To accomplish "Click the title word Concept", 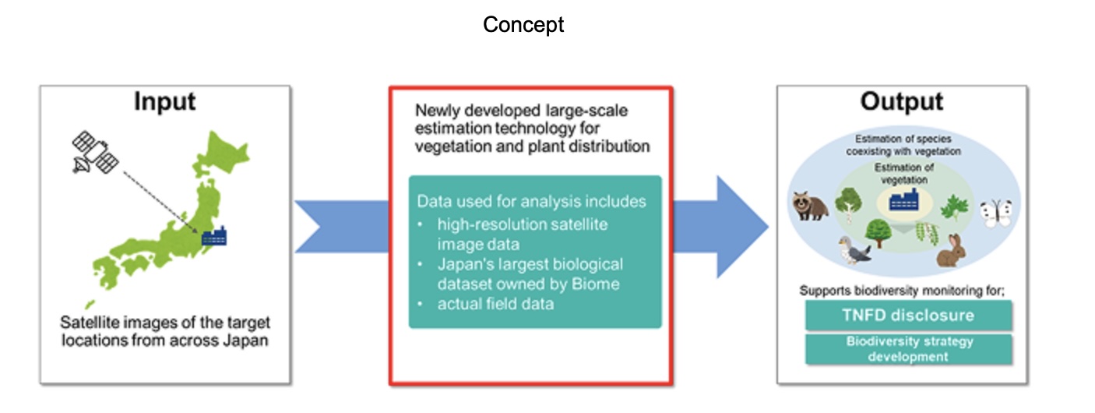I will [x=523, y=25].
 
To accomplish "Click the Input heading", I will [x=164, y=102].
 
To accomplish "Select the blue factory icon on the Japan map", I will [x=213, y=236].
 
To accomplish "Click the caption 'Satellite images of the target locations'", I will [x=165, y=331].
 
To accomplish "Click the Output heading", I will [x=902, y=102].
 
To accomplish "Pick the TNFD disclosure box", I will [x=909, y=316].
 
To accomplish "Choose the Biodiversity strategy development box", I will [x=909, y=349].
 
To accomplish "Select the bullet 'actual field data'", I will [x=495, y=303].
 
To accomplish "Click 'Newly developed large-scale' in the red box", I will [x=522, y=111].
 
